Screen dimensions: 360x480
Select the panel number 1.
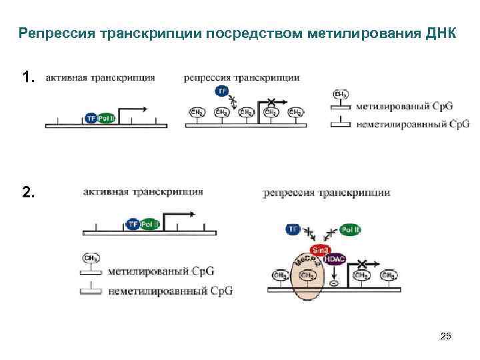(x=27, y=78)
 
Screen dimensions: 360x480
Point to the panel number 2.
(x=27, y=193)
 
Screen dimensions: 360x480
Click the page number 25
(x=446, y=337)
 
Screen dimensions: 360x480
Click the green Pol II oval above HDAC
(x=351, y=230)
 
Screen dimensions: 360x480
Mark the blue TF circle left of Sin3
(x=293, y=230)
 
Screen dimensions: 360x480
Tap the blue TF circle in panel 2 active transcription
(x=133, y=225)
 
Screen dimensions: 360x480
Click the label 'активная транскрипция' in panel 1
(x=100, y=77)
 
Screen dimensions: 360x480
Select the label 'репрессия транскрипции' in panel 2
(x=327, y=193)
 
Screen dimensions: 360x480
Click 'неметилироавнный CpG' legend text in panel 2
(x=166, y=291)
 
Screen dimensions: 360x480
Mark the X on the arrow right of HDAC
(x=362, y=265)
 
